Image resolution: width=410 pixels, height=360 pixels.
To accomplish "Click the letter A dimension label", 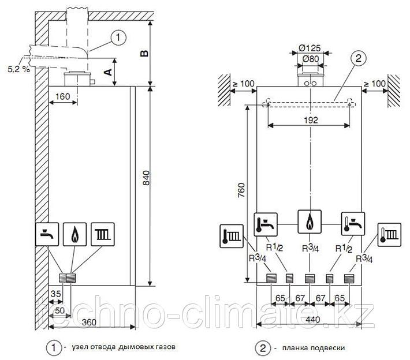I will pos(106,71).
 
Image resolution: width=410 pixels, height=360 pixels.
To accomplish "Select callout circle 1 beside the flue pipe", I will pos(117,37).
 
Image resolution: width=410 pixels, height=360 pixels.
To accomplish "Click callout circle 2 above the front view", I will pos(357,57).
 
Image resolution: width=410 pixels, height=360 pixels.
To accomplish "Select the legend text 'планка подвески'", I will pos(305,348).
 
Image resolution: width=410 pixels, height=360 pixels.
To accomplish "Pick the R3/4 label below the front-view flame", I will pos(309,249).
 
